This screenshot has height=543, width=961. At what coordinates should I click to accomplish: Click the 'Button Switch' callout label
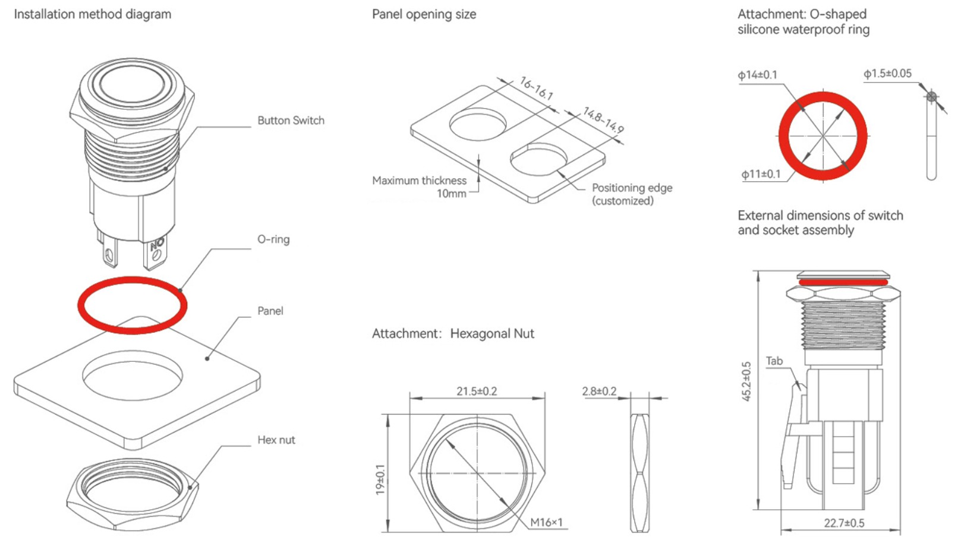click(x=291, y=121)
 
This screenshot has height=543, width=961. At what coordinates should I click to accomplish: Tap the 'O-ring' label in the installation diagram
click(x=273, y=239)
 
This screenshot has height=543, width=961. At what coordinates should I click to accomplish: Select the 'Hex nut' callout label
click(x=276, y=440)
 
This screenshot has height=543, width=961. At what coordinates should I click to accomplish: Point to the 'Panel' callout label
click(x=270, y=311)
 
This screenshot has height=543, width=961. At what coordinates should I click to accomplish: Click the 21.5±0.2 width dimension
click(x=477, y=391)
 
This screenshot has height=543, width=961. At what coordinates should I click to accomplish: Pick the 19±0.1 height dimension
click(x=380, y=479)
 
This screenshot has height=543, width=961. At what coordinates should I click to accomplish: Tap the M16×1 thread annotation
click(x=546, y=522)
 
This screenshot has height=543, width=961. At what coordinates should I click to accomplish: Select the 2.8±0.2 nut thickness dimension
click(x=599, y=391)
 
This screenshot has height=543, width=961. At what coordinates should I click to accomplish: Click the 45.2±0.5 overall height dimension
click(x=746, y=381)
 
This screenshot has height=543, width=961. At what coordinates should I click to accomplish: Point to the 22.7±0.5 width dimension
click(x=844, y=523)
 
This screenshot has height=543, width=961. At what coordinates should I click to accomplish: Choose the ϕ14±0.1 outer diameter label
click(x=757, y=75)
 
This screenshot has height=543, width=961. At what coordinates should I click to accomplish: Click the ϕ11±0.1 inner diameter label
click(x=761, y=174)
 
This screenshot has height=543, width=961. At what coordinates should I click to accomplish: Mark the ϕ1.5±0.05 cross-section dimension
click(x=887, y=74)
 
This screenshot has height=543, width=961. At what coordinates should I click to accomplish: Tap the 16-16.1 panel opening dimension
click(x=536, y=88)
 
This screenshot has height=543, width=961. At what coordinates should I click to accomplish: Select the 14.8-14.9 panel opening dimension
click(x=603, y=120)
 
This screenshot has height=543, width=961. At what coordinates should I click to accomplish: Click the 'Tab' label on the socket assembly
click(x=774, y=361)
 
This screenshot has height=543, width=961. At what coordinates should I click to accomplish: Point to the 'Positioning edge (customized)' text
click(x=632, y=194)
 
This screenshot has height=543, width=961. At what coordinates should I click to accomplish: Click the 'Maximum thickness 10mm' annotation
click(x=420, y=187)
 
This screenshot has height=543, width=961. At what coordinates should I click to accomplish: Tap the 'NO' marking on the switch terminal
click(x=157, y=244)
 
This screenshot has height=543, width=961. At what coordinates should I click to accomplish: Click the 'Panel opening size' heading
click(x=424, y=14)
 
